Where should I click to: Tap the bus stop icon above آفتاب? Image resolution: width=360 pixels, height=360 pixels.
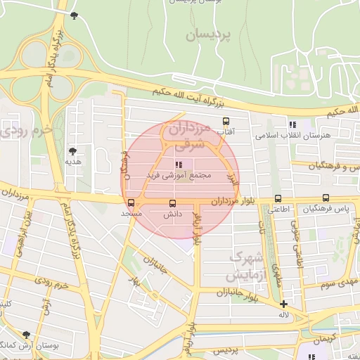pyautogui.click(x=226, y=121)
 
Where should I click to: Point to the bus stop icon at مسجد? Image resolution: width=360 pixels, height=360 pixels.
pyautogui.click(x=131, y=204)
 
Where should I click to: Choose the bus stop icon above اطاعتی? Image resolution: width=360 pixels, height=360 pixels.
pyautogui.click(x=278, y=199)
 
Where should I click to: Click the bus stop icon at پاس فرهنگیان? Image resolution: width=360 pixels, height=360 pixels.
pyautogui.click(x=326, y=198)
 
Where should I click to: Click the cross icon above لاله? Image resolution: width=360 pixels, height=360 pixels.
pyautogui.click(x=283, y=304)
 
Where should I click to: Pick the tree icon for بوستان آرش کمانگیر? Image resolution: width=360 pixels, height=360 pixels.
pyautogui.click(x=26, y=335)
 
